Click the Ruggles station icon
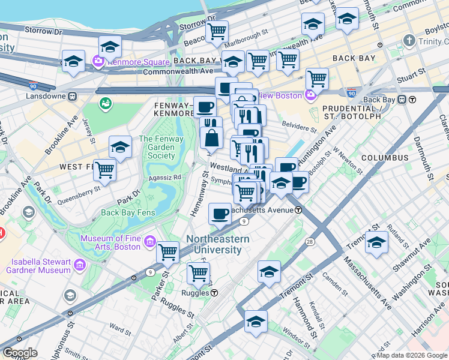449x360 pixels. (x=214, y=293)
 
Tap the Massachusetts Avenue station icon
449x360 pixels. (x=298, y=210)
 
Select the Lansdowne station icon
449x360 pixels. (x=72, y=95)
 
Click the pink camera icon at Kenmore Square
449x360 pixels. (x=97, y=61)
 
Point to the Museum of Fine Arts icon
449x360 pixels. (x=149, y=243)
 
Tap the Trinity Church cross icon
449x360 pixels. (x=409, y=40)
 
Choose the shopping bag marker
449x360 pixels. (x=212, y=137)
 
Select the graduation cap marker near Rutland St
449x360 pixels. (x=376, y=242)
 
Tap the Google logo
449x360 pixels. (x=19, y=352)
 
